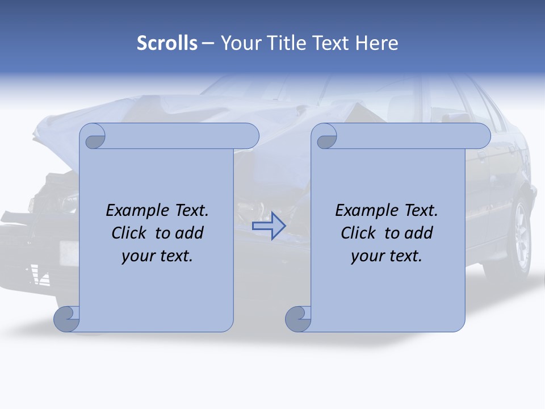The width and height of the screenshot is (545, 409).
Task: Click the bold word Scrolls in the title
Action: tap(167, 43)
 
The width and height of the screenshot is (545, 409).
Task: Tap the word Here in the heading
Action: tap(376, 43)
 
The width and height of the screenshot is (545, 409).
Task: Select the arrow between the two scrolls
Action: tap(269, 226)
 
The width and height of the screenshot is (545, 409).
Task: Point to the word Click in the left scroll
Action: tap(131, 233)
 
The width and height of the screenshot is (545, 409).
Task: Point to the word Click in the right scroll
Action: tap(360, 233)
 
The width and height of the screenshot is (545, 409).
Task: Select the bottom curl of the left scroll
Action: tap(66, 319)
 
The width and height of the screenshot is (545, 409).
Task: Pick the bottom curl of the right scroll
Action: tap(297, 319)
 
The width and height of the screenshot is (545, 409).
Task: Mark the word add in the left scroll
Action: tap(189, 233)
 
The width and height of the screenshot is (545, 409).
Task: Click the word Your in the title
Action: tap(239, 43)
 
